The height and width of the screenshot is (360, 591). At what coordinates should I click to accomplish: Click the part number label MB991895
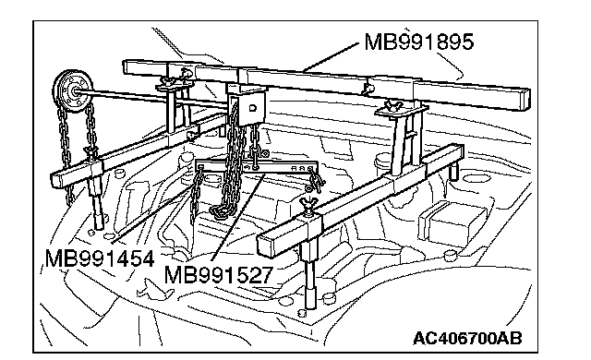click(x=418, y=42)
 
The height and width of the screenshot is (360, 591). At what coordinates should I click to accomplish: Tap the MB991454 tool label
click(x=100, y=258)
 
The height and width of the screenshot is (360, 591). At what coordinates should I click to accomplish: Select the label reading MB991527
click(x=218, y=274)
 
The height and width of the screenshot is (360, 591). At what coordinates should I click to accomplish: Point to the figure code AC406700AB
click(x=467, y=338)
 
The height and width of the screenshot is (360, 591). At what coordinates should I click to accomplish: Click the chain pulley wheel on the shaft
click(x=72, y=90)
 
